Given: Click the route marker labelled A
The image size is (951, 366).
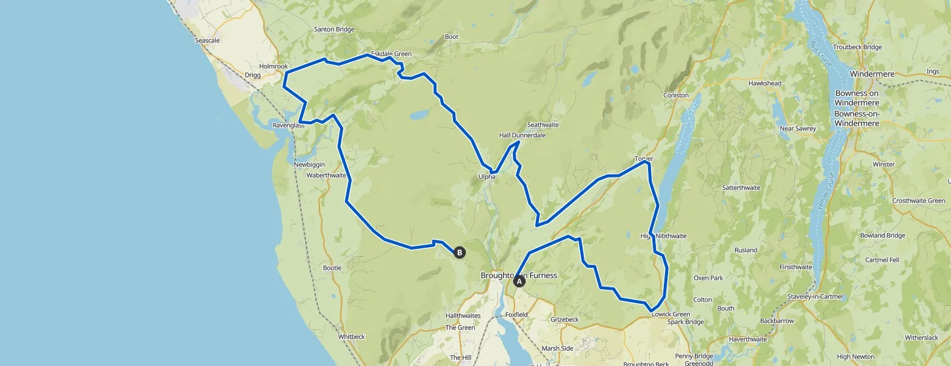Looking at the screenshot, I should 519,281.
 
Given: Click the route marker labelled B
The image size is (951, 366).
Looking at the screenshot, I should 459,252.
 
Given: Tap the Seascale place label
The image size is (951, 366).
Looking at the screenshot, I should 207,40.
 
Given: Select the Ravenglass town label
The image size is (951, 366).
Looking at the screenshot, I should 288,125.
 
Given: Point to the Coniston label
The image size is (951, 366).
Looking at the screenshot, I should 676,95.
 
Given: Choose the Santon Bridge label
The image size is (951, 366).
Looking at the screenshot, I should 334,29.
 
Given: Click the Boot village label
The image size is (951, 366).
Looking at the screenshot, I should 451,37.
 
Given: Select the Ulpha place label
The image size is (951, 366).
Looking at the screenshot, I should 486,177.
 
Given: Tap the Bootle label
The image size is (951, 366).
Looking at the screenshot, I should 332,268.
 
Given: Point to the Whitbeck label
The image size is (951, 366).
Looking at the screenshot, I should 351,336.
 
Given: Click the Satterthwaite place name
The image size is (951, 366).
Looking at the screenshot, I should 741,187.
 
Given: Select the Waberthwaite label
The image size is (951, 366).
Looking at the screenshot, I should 326,175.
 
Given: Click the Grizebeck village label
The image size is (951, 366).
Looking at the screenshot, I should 564,319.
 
